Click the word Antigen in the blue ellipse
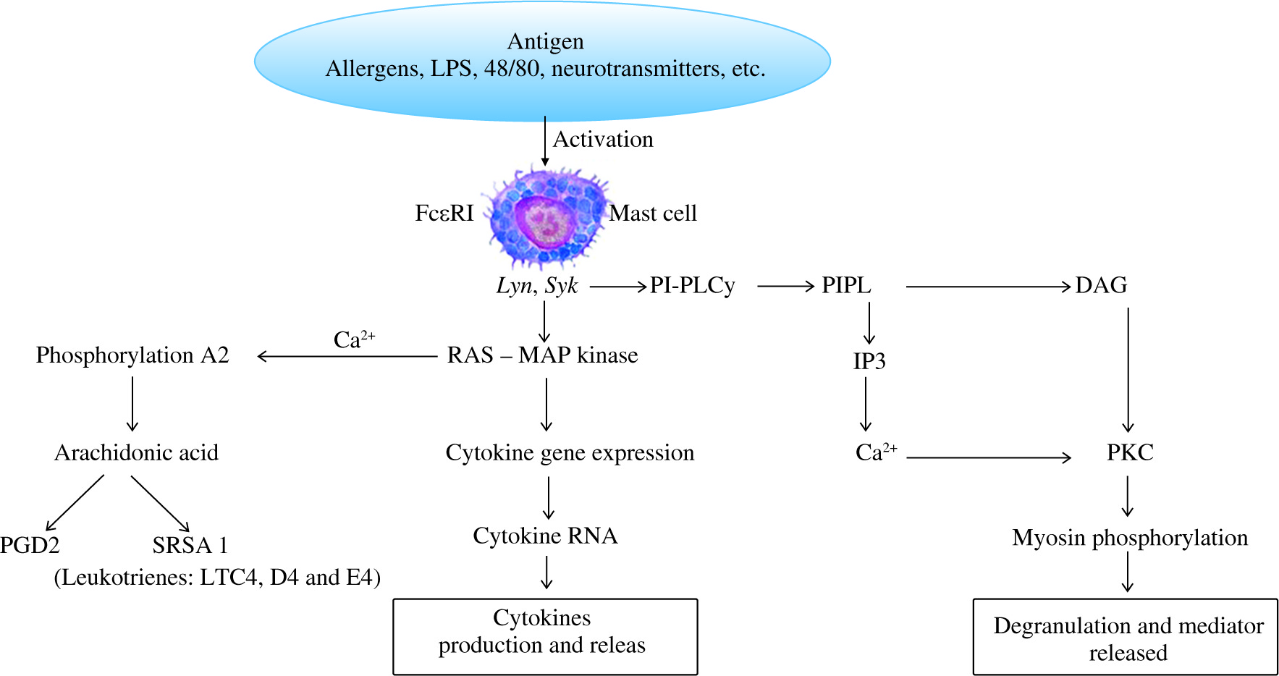click(545, 42)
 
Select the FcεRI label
click(444, 214)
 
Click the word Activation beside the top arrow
click(603, 139)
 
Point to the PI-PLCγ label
click(692, 286)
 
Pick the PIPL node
click(846, 286)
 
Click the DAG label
click(1101, 286)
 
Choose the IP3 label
click(869, 361)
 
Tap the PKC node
click(1130, 453)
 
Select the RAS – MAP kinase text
click(542, 355)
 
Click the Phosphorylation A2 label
click(132, 355)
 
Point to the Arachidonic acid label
click(136, 453)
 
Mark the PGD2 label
click(30, 545)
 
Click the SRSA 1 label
click(190, 545)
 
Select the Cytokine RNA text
click(545, 536)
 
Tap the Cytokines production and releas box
click(545, 636)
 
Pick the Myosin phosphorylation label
click(1129, 538)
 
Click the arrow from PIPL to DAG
click(988, 287)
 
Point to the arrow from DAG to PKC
click(1128, 369)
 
